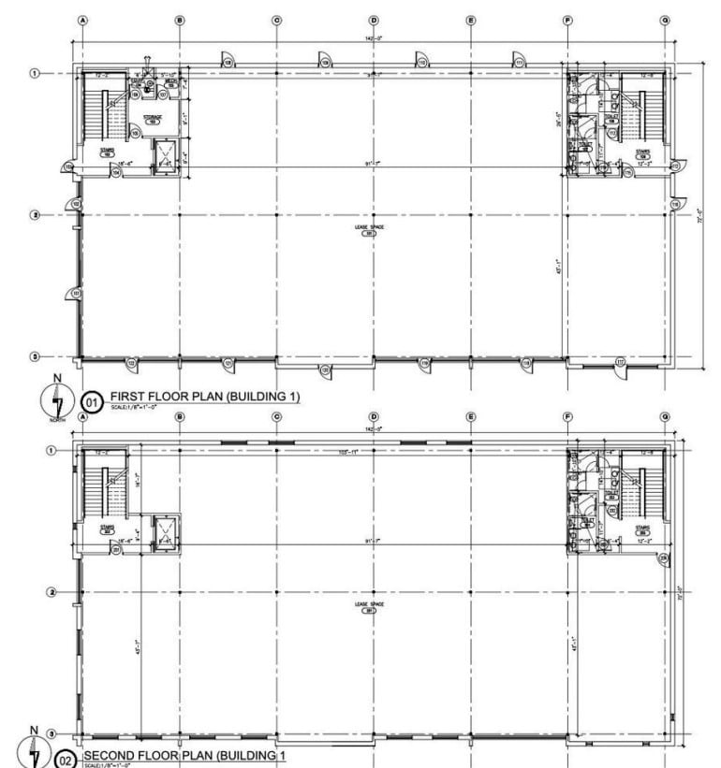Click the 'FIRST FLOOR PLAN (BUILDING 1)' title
click(204, 397)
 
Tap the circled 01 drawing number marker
click(92, 401)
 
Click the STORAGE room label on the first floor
click(153, 119)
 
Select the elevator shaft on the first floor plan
click(165, 153)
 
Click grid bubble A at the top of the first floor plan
click(83, 20)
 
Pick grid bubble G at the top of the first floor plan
click(665, 20)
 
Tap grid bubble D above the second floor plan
click(374, 416)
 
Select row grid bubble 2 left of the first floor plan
click(37, 215)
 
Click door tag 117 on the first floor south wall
click(620, 362)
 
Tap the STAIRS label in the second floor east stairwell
click(642, 529)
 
